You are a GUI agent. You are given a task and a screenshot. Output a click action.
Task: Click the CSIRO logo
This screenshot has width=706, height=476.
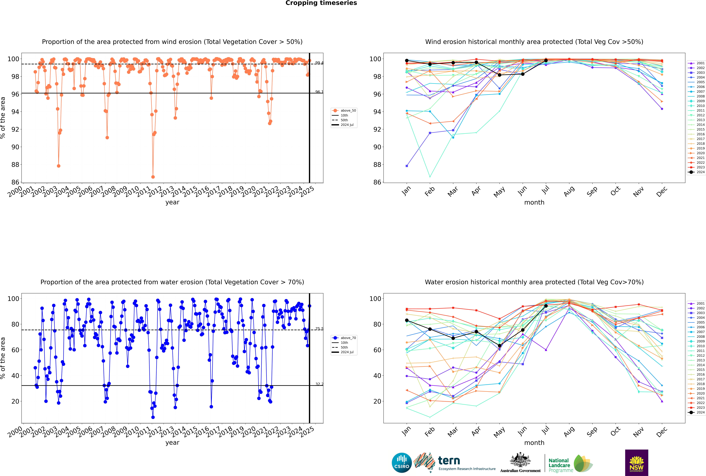pos(402,463)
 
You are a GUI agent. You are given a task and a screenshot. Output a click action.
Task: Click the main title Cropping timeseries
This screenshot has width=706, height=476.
pos(321,3)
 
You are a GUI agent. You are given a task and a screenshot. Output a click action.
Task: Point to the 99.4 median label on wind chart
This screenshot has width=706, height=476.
pos(319,63)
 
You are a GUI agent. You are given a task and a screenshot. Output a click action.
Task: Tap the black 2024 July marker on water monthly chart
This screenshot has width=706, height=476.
pos(546,306)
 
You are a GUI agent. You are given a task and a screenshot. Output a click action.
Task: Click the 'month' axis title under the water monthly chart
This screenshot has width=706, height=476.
pos(534,443)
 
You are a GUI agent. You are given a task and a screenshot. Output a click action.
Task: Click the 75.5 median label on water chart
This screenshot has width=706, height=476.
pos(319,329)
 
